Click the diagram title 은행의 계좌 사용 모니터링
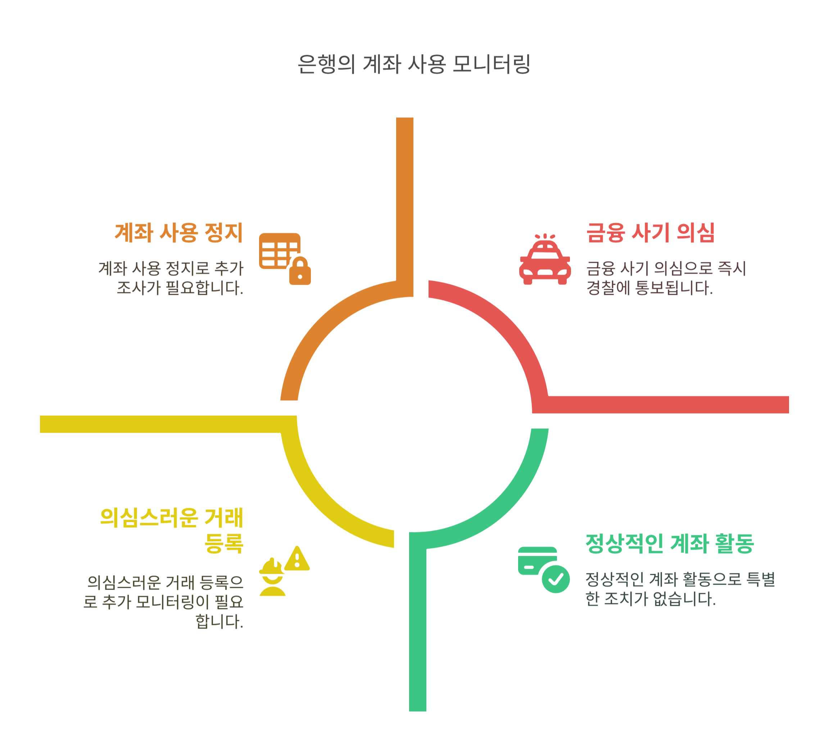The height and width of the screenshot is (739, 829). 414,64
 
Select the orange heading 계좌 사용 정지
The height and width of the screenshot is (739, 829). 178,233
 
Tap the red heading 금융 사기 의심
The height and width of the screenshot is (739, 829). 650,233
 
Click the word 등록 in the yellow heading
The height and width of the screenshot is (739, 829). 223,543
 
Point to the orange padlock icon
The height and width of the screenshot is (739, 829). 300,271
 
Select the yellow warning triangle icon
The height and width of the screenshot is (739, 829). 297,559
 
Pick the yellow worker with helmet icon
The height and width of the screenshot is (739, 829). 272,578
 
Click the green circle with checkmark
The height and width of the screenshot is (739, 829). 556,579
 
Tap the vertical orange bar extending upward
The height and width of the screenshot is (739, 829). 404,195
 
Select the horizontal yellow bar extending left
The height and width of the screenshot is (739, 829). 162,424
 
